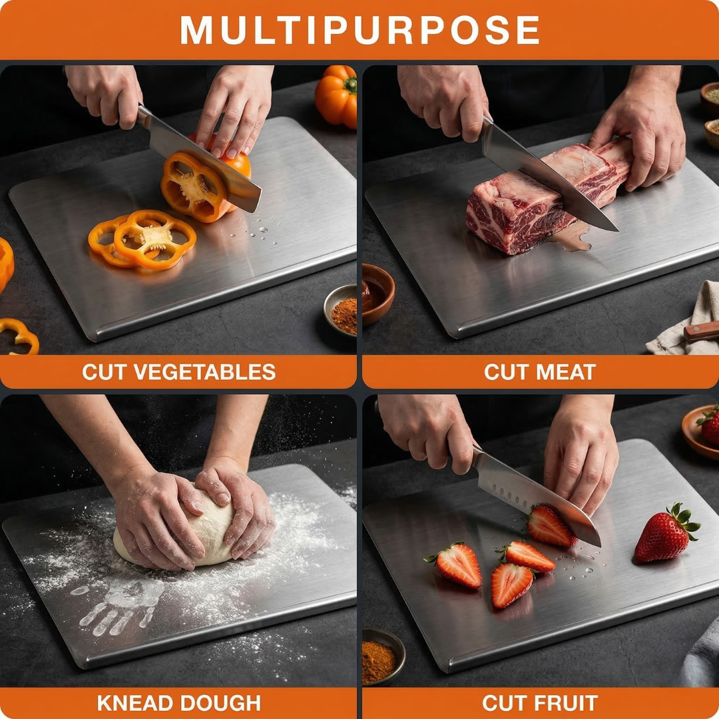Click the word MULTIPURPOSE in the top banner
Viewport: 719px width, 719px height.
pos(359,30)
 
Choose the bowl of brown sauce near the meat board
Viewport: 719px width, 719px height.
pos(377,293)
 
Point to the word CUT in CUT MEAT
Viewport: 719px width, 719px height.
pos(507,372)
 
